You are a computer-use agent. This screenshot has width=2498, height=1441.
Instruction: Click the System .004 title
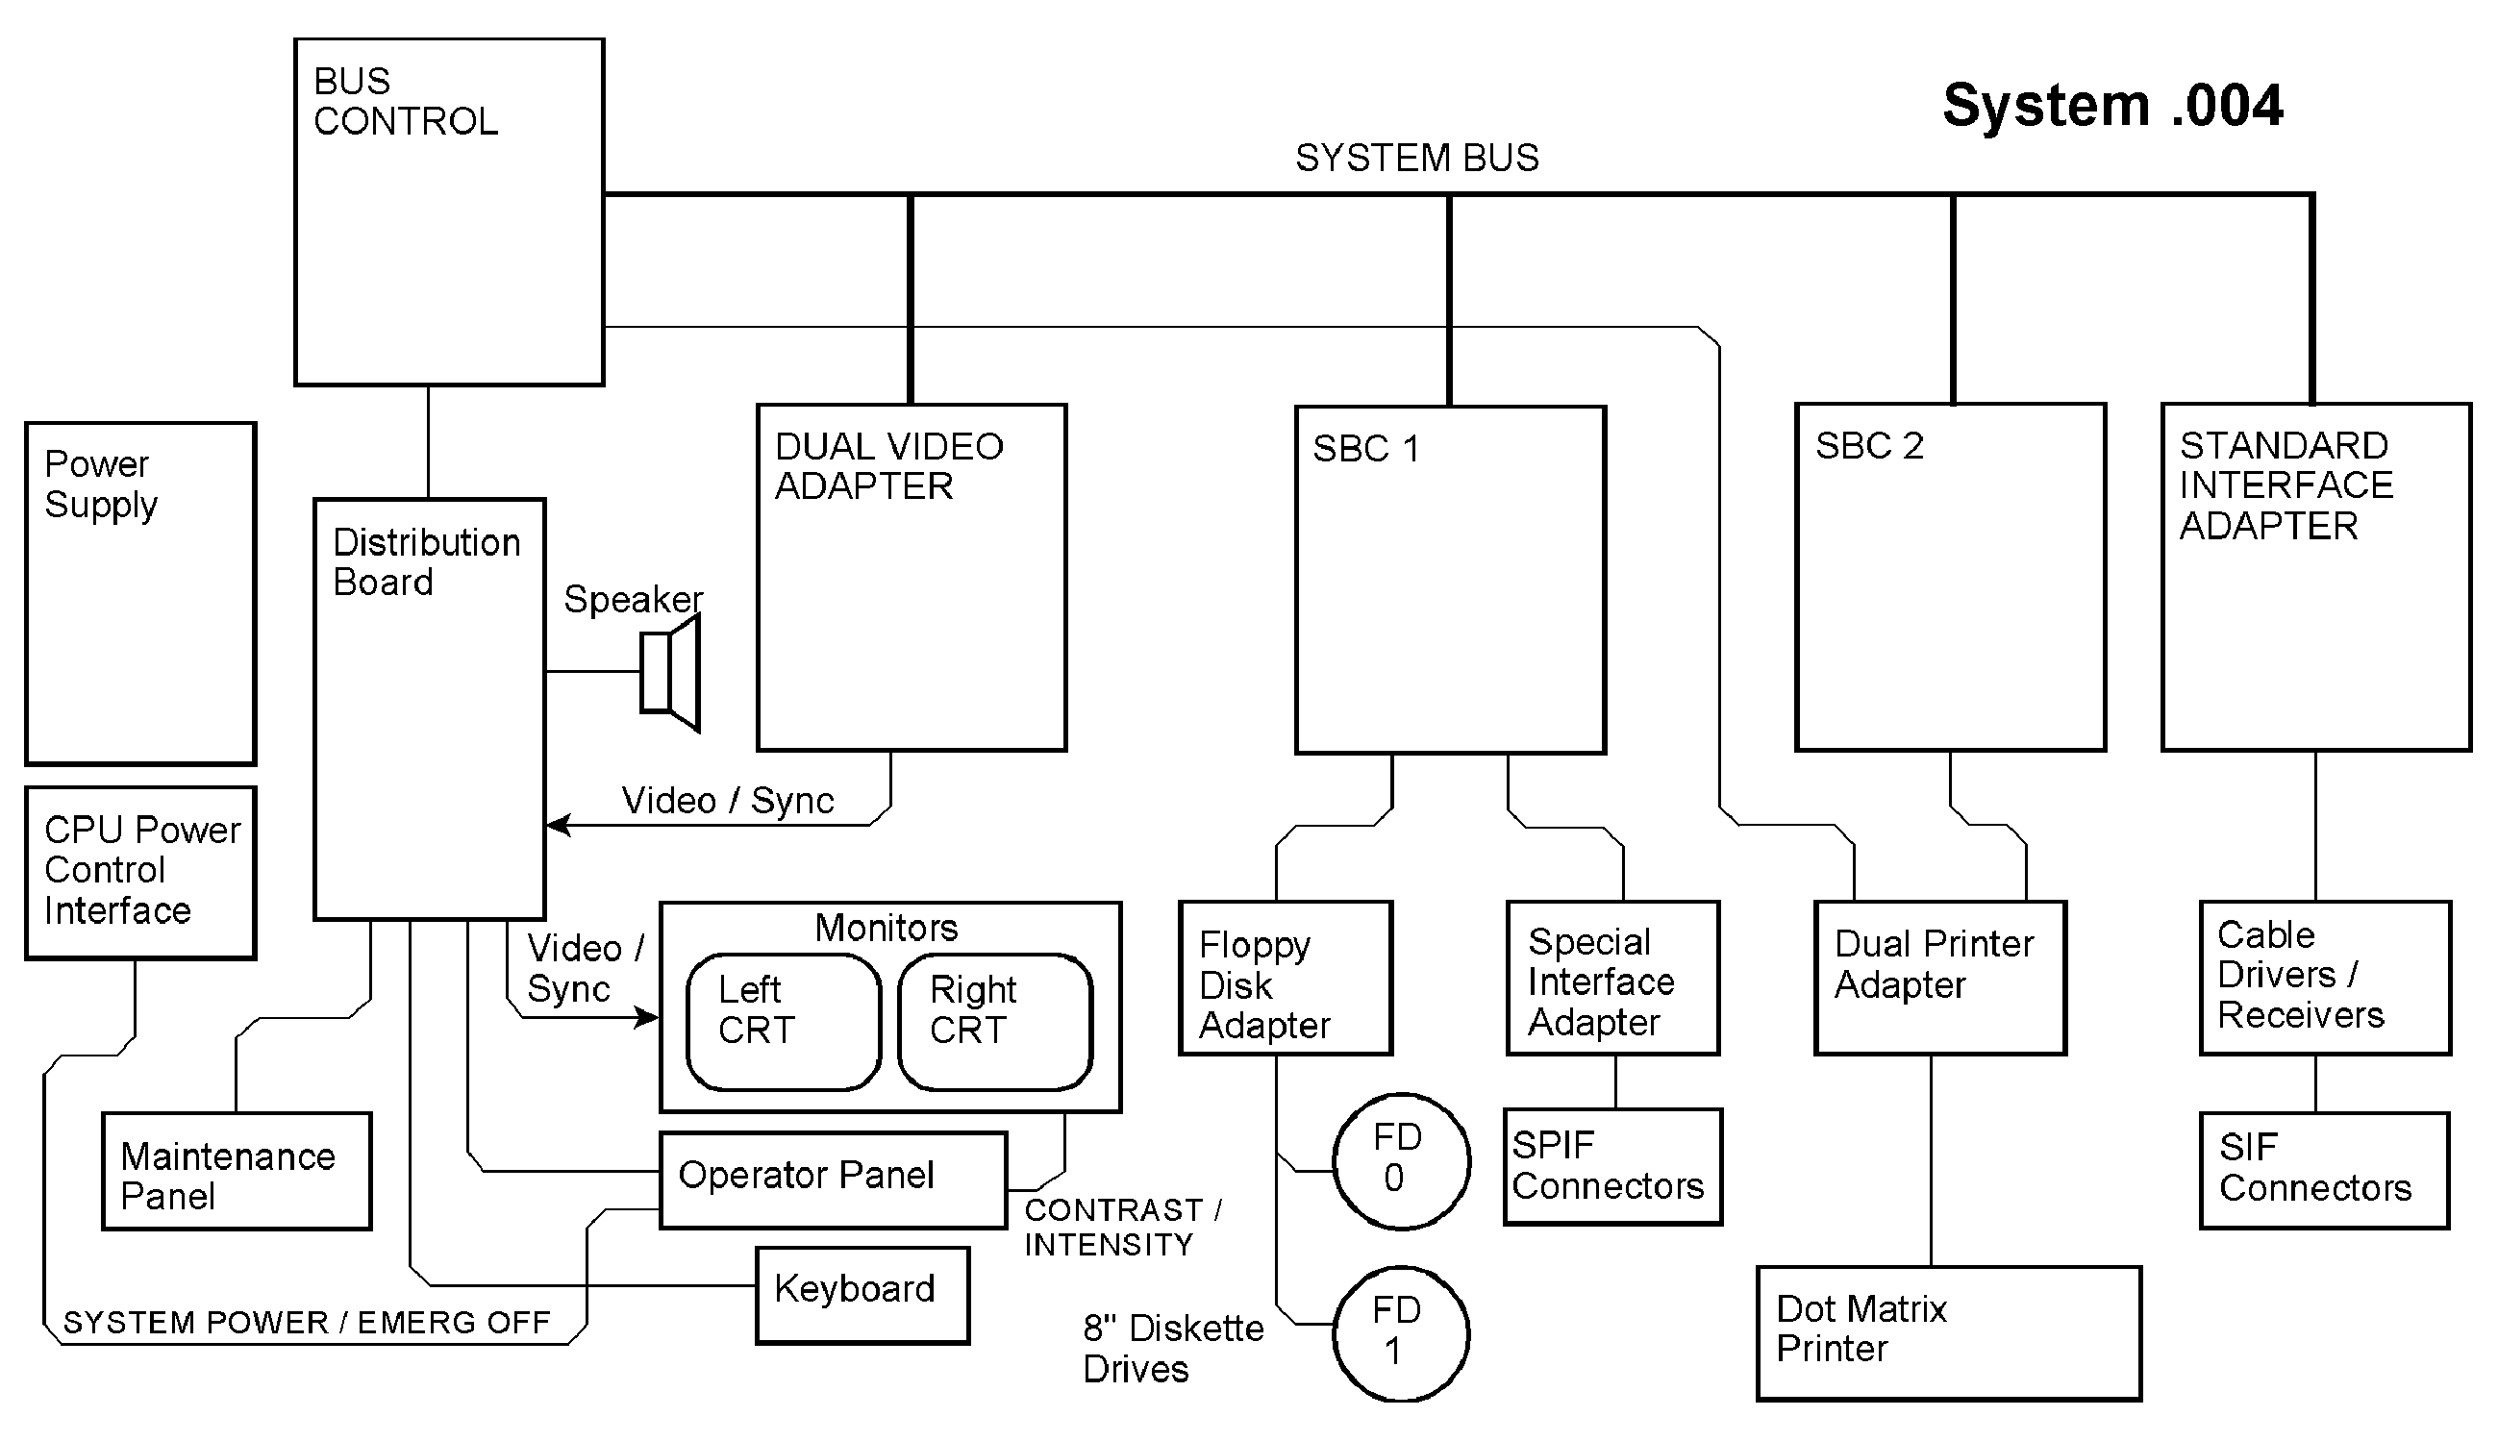click(2112, 106)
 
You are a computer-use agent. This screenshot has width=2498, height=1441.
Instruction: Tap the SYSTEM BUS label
click(1416, 159)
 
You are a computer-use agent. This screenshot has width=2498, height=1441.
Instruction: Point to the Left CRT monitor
click(783, 1021)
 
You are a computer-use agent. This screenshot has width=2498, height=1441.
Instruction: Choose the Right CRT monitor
click(994, 1021)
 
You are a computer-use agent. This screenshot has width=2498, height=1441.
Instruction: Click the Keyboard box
click(862, 1295)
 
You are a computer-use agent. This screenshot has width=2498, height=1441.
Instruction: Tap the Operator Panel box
click(833, 1180)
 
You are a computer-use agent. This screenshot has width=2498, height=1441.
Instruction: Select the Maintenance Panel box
click(237, 1171)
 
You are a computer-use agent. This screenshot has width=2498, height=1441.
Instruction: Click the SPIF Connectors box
click(1612, 1167)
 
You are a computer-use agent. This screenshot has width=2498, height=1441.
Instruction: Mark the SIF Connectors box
click(2324, 1170)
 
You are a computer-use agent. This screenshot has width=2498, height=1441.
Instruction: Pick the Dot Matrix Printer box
click(1949, 1332)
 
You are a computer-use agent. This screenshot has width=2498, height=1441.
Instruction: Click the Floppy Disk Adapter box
click(1285, 978)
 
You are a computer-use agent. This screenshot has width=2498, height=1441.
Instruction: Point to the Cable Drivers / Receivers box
click(2324, 978)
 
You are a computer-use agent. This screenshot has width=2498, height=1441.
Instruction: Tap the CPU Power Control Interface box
click(140, 872)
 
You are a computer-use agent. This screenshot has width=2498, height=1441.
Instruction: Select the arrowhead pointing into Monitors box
click(648, 1016)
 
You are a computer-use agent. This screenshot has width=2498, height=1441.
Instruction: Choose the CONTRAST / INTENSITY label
click(1122, 1228)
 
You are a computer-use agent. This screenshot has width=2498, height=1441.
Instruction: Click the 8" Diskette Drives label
click(1173, 1349)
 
